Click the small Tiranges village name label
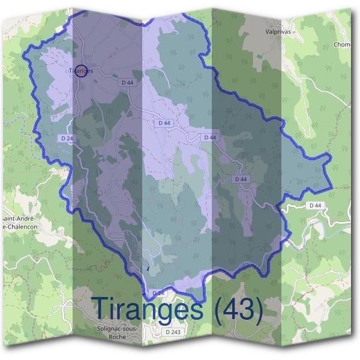coord(82,71)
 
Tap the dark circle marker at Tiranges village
coord(82,70)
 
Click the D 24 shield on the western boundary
coord(67,138)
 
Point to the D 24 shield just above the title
coord(158,293)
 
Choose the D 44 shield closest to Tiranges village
coord(127,82)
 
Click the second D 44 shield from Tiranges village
coord(164,122)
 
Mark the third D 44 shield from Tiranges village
coord(209,137)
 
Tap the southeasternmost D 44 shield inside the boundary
coord(241,179)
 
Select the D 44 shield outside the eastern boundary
coord(315,205)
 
